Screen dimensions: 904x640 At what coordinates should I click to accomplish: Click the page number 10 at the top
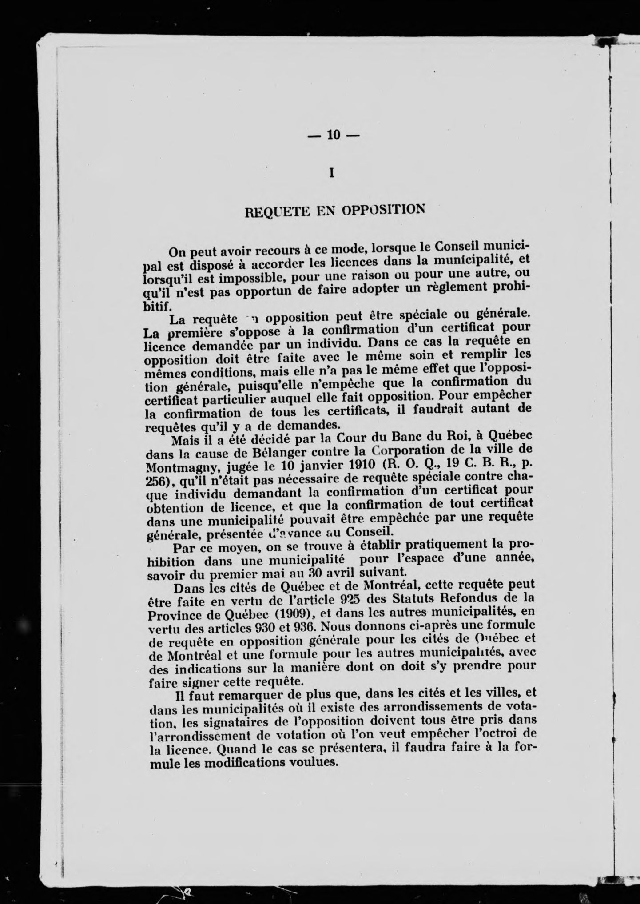click(x=333, y=135)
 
